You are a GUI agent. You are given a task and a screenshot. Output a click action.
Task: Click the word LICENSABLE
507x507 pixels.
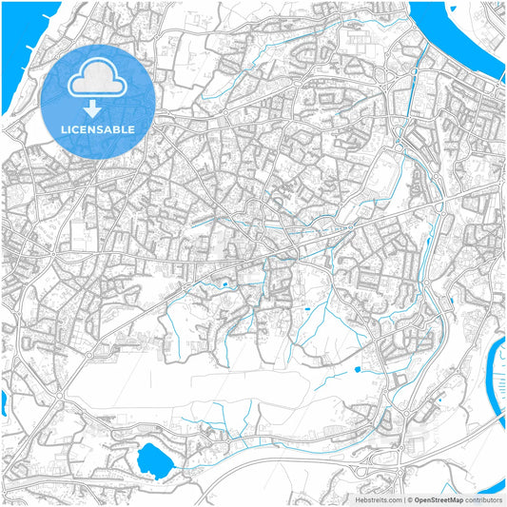99,129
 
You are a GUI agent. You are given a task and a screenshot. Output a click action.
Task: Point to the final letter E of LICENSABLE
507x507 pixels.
131,129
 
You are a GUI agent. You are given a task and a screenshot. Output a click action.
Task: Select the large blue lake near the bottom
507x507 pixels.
151,461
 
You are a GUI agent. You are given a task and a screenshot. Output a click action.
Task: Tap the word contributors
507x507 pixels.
484,499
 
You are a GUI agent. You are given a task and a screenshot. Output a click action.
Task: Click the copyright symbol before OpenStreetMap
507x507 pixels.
410,499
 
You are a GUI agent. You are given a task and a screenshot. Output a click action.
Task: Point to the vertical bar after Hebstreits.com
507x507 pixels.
404,499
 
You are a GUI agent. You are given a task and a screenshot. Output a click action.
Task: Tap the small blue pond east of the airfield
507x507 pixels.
357,369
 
